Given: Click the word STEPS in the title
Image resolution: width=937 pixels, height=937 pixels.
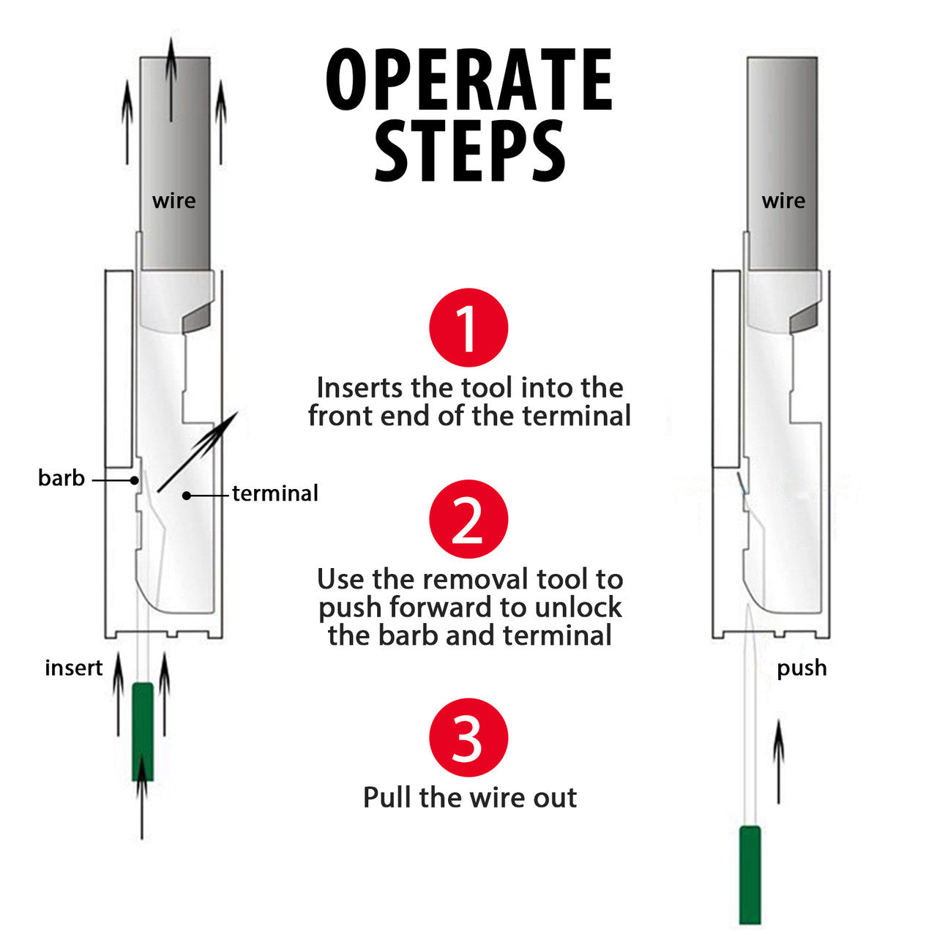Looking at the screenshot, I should click(469, 151).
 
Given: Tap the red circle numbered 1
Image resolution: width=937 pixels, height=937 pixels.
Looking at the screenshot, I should click(468, 327).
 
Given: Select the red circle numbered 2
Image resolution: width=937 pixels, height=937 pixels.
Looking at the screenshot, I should click(468, 519).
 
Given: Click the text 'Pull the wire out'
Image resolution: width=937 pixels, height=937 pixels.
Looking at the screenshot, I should click(470, 797).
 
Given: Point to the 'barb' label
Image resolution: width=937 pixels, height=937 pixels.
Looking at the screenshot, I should click(61, 479).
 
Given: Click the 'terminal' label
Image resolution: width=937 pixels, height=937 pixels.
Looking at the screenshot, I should click(275, 493).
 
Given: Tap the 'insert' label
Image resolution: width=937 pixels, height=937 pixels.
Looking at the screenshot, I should click(73, 668).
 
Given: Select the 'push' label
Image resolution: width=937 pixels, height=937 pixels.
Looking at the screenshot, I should click(802, 668).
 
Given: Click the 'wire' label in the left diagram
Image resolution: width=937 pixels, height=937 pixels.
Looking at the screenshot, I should click(173, 201).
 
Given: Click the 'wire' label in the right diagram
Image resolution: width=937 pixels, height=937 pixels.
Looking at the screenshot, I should click(783, 201).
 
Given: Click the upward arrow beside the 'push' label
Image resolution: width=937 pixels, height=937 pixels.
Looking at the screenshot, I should click(779, 761).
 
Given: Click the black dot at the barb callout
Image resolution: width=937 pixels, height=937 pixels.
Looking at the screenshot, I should click(135, 480).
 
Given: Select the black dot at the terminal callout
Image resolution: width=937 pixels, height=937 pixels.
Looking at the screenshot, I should click(187, 496).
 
